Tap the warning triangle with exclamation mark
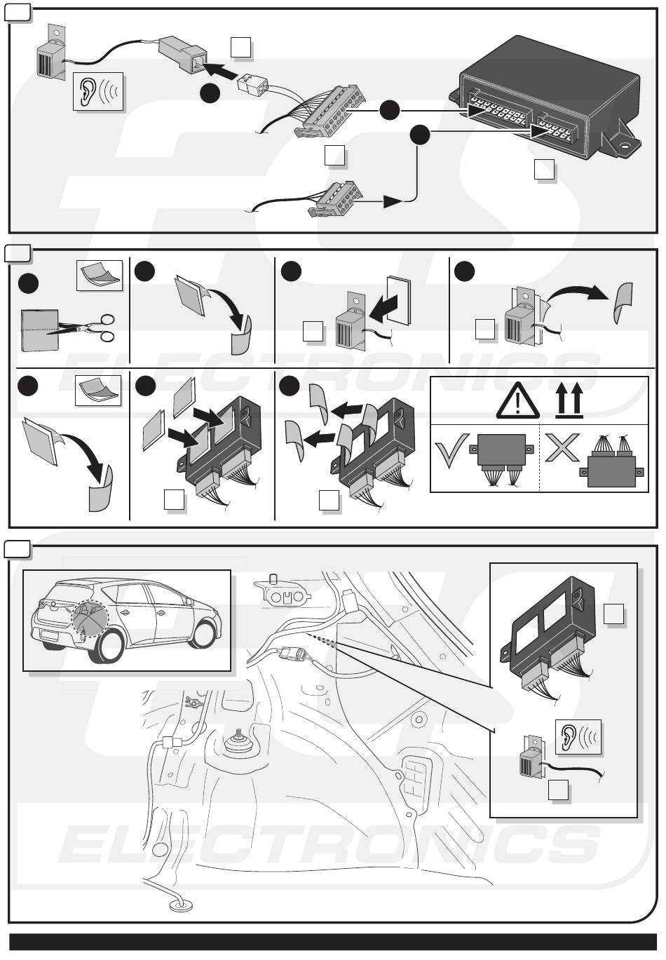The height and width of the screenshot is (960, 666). (518, 402)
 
